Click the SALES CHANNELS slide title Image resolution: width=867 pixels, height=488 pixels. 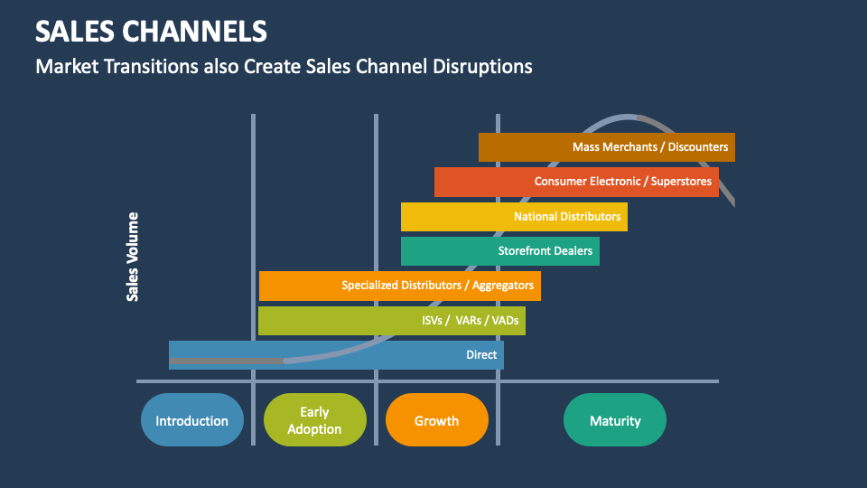click(x=151, y=32)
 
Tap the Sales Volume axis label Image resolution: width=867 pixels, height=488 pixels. click(x=133, y=257)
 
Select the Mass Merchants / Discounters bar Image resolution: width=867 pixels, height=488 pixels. click(x=606, y=146)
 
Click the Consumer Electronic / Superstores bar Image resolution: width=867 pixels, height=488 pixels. click(x=576, y=182)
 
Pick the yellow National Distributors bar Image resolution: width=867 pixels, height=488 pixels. click(x=514, y=217)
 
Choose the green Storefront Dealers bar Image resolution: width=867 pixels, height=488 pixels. click(x=499, y=250)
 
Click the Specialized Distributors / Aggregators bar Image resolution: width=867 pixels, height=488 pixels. click(x=399, y=286)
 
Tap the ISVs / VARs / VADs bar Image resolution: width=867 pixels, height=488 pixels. click(x=391, y=321)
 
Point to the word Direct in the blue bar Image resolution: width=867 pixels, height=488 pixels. click(x=481, y=355)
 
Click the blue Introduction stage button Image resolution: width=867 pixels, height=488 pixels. click(x=192, y=420)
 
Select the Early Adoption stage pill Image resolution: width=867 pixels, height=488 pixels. click(x=314, y=420)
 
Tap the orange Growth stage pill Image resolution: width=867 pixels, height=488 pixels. click(x=436, y=420)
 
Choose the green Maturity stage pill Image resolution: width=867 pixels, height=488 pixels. click(x=615, y=420)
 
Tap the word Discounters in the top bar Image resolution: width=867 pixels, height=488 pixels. click(x=697, y=146)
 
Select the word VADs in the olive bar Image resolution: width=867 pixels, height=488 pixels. click(x=504, y=321)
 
